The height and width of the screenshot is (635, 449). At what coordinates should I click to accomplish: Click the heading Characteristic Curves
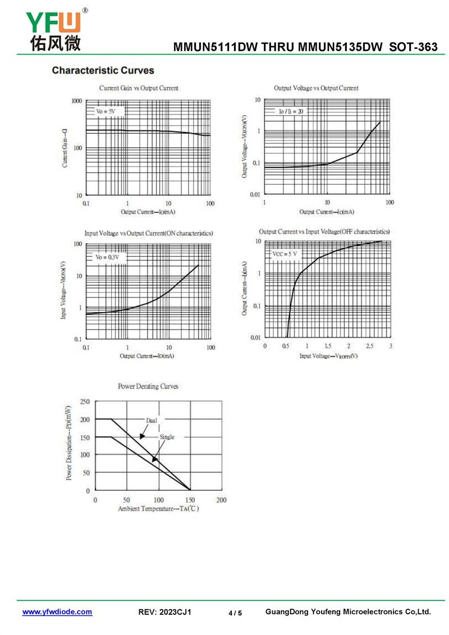coord(103,70)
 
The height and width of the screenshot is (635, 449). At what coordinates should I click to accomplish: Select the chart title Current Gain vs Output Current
coord(139,88)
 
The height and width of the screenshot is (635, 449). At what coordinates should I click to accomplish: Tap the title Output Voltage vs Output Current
coord(316,88)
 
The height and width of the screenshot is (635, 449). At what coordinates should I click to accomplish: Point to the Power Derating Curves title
coord(148,386)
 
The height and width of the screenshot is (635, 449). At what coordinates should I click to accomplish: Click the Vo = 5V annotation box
coord(106,112)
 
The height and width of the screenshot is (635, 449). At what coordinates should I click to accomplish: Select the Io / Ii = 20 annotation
coord(291,111)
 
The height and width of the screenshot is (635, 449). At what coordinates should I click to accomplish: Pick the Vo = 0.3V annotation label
coord(107,257)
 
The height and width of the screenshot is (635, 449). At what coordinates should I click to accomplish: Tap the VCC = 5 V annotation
coord(285,254)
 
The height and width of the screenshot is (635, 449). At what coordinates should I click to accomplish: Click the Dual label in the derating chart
coord(152,420)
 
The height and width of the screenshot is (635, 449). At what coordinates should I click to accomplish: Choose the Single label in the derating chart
coord(167,437)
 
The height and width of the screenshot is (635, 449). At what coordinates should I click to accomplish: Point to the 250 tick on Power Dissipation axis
coord(85,401)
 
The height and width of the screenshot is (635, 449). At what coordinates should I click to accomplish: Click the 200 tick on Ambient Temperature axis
coord(221,500)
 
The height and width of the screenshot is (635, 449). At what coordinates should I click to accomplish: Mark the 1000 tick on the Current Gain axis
coord(77,101)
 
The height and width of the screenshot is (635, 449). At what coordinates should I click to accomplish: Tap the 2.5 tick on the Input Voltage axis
coord(369,346)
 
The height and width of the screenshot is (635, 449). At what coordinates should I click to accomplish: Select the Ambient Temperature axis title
coord(158,509)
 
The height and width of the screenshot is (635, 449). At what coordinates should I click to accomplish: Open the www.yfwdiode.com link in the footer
coord(57,612)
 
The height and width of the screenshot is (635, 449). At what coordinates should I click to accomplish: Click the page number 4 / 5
coord(235,613)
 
